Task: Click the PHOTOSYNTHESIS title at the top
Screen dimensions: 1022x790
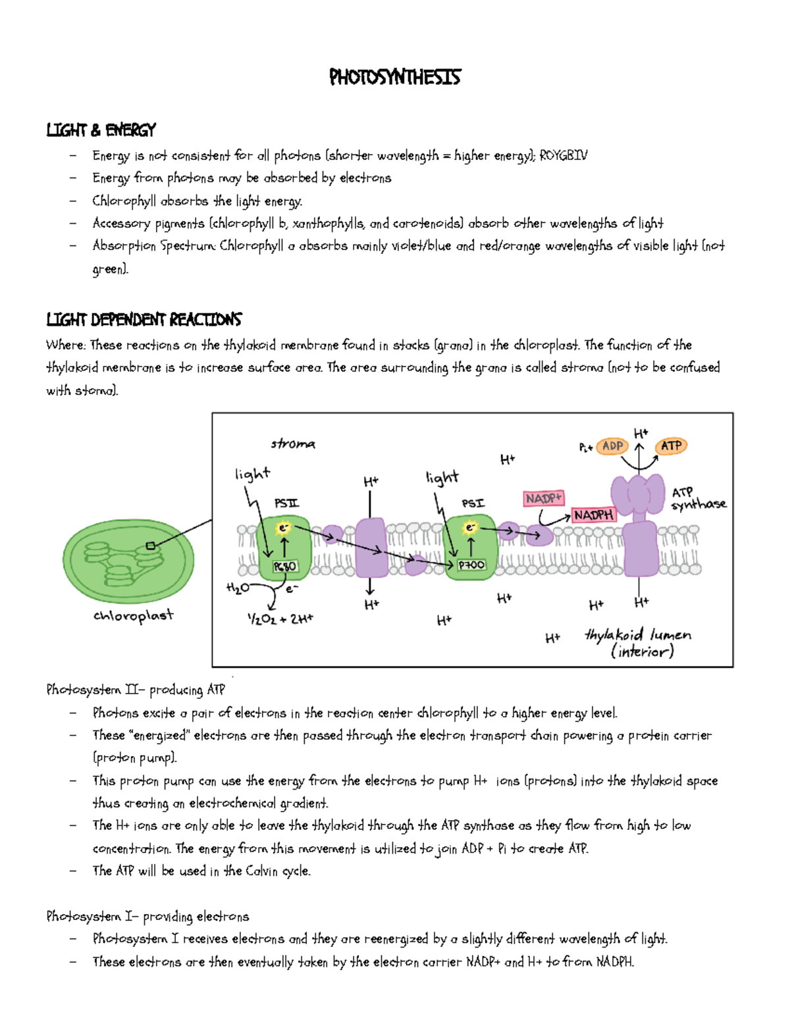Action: click(x=394, y=78)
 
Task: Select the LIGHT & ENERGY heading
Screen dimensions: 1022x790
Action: click(x=101, y=130)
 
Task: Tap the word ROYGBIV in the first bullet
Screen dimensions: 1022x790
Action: click(x=563, y=156)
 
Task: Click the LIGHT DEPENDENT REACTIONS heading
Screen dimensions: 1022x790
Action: click(x=144, y=320)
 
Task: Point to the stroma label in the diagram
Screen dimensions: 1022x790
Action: click(x=293, y=444)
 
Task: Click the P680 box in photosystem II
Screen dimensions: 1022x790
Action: click(x=285, y=566)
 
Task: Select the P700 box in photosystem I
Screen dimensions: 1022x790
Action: click(x=471, y=565)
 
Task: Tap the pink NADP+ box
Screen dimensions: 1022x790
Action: click(x=544, y=498)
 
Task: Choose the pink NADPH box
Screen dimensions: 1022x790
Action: click(x=593, y=515)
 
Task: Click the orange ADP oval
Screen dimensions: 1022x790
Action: click(x=612, y=446)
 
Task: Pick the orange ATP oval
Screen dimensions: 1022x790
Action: click(x=671, y=446)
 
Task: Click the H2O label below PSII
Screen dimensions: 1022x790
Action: click(x=238, y=588)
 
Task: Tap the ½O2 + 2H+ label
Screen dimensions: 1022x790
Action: click(x=280, y=619)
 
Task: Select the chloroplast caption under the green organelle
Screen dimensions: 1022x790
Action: click(x=133, y=616)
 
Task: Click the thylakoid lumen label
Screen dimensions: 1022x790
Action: click(x=639, y=642)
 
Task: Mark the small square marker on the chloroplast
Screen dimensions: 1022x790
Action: click(x=151, y=546)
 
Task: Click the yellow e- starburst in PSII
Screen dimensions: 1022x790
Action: click(x=284, y=528)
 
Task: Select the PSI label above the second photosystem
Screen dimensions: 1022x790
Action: click(x=473, y=503)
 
